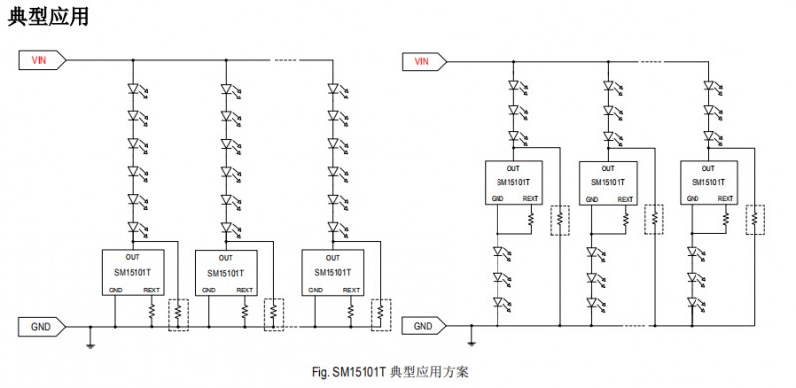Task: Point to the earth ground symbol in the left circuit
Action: pyautogui.click(x=91, y=343)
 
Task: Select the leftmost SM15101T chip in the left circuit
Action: pyautogui.click(x=133, y=272)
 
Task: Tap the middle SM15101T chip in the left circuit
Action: pyautogui.click(x=226, y=272)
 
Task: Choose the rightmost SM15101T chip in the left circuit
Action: pyautogui.click(x=333, y=272)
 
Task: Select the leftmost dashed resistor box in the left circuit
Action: pyautogui.click(x=178, y=313)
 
